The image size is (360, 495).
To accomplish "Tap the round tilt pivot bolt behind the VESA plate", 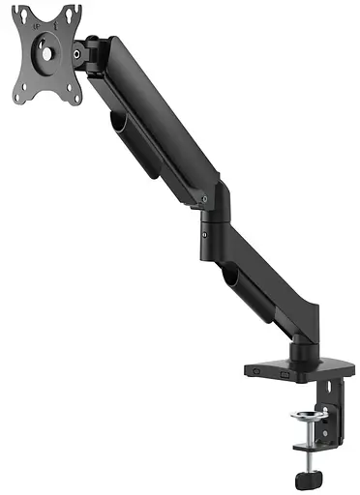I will click(x=76, y=55).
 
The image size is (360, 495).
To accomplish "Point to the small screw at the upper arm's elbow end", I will click(x=206, y=201).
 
